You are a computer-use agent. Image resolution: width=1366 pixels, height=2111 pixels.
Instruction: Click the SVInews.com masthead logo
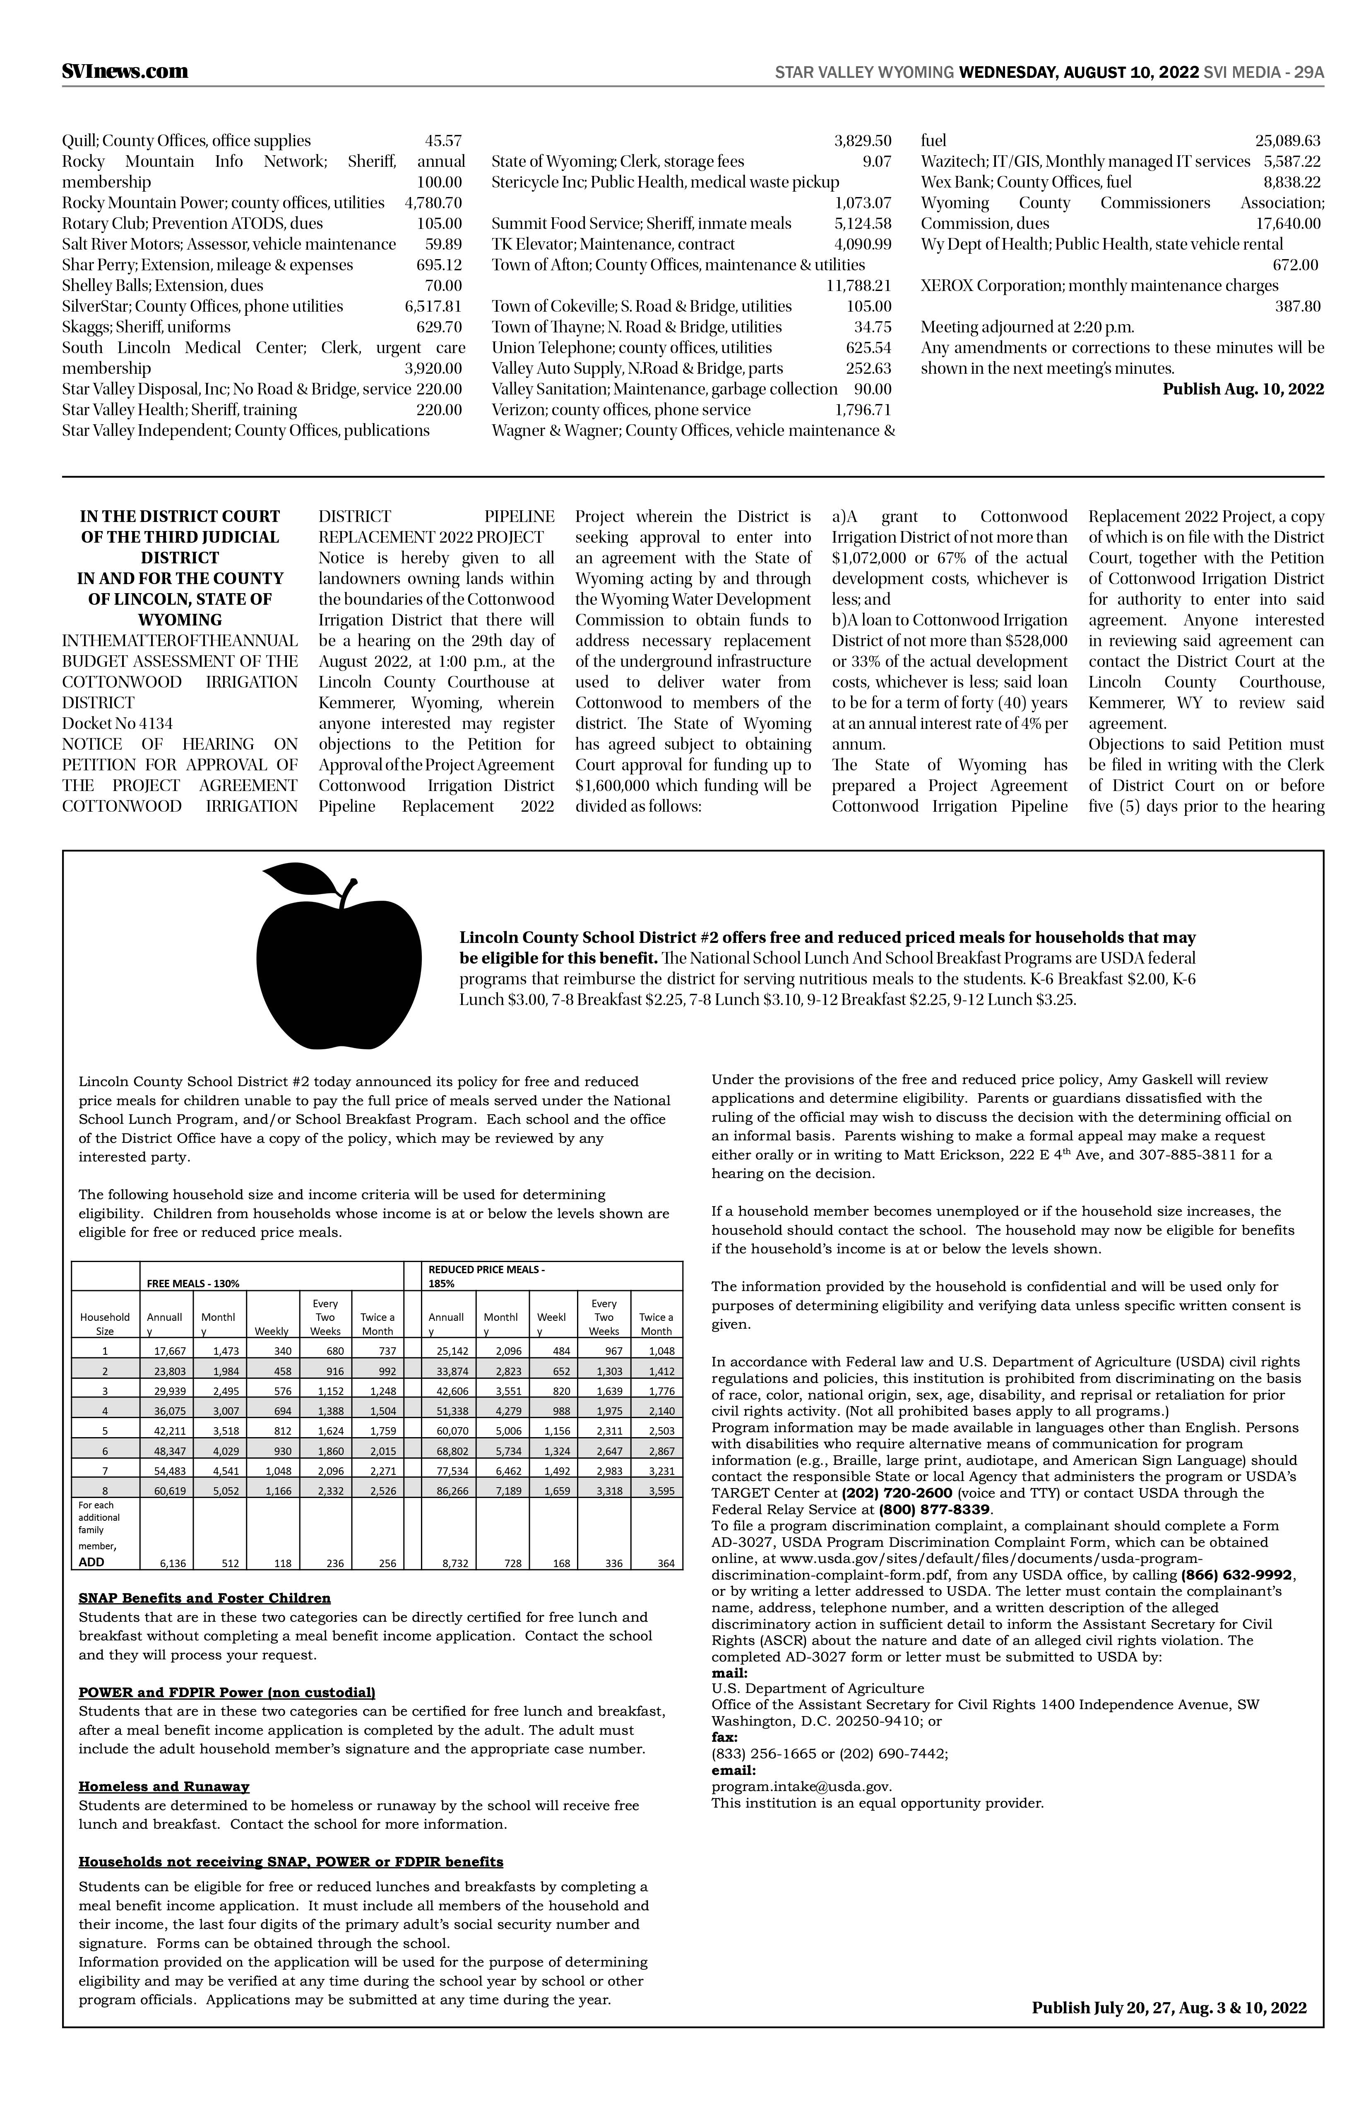pos(125,72)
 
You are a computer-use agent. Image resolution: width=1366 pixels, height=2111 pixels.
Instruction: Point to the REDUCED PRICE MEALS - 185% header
pos(486,1275)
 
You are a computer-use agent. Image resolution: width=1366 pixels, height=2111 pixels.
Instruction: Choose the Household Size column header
pos(105,1323)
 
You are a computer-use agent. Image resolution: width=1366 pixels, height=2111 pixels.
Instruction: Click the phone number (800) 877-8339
pos(936,1510)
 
